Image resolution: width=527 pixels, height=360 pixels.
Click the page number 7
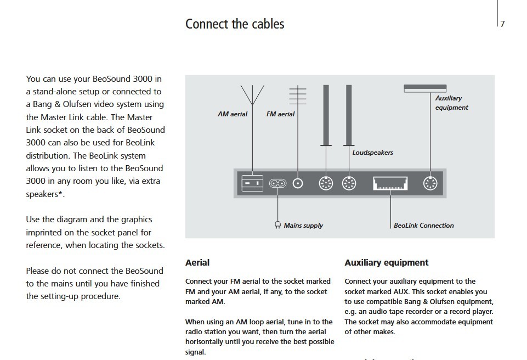point(502,24)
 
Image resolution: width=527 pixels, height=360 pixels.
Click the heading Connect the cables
point(235,24)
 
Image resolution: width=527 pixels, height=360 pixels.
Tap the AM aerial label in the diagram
point(233,114)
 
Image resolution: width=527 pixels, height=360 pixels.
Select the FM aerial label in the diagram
point(280,114)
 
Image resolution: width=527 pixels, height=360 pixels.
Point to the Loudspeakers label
point(372,152)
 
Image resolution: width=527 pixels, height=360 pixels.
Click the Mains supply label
point(303,225)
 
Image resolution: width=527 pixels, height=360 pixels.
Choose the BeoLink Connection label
point(424,225)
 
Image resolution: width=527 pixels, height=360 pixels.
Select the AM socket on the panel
point(252,183)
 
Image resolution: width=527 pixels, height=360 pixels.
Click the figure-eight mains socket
point(278,183)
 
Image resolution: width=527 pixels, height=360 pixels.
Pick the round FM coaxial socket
point(298,183)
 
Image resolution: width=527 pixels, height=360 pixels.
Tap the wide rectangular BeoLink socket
point(390,183)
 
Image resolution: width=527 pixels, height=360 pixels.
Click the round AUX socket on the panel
point(430,183)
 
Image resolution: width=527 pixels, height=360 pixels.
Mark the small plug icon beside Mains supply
point(277,225)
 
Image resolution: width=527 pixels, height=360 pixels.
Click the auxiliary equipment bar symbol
point(425,88)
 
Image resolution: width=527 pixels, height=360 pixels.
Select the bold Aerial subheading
point(197,263)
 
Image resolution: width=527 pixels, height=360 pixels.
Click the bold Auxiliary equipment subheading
point(387,263)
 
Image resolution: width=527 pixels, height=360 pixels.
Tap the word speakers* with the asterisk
point(41,194)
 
